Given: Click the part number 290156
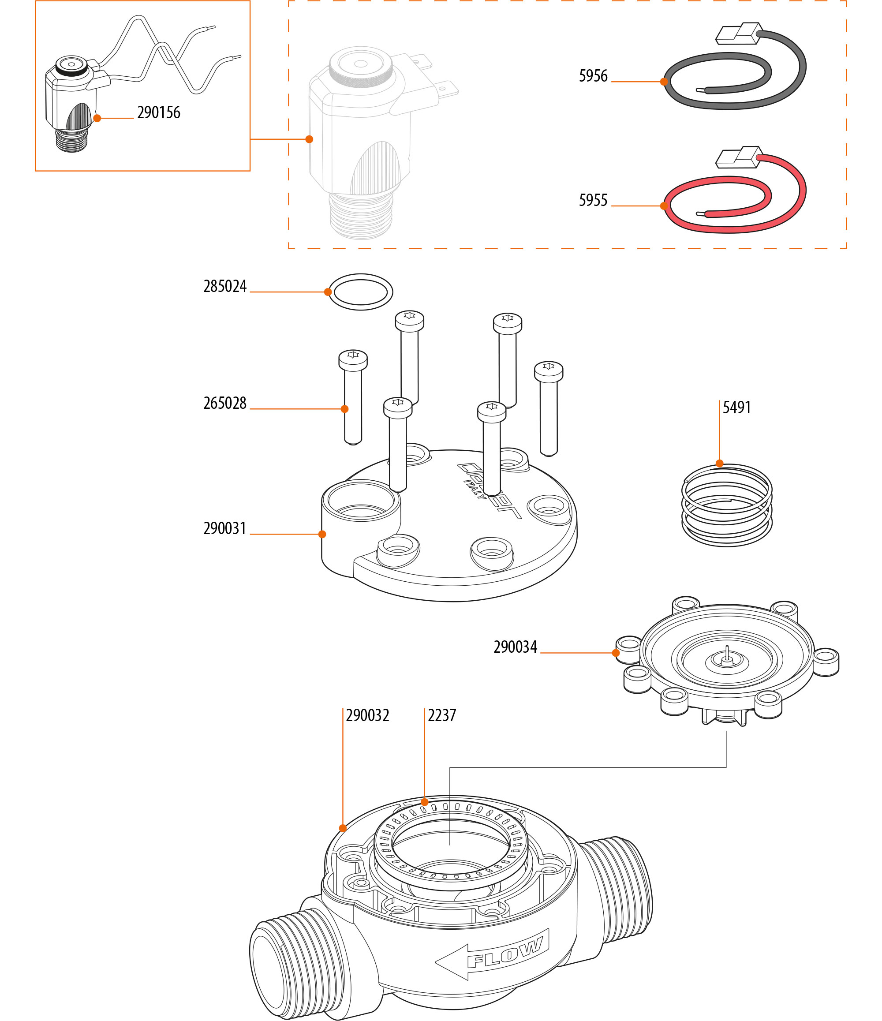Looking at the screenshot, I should point(159,113).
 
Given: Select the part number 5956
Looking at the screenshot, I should point(593,76).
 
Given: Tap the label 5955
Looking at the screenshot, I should point(593,201).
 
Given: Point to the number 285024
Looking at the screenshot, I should point(224,287).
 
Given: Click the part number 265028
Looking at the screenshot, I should point(224,403).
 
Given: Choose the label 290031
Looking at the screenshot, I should point(224,528).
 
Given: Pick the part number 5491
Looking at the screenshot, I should point(736,408).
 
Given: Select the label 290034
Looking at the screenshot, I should point(515,647).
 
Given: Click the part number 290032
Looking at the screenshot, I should point(368,715).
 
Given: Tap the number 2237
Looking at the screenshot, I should point(442,715).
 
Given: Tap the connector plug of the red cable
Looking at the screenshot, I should point(738,158).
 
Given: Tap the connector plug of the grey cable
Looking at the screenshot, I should point(738,34).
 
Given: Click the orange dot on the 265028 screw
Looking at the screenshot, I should point(344,409).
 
